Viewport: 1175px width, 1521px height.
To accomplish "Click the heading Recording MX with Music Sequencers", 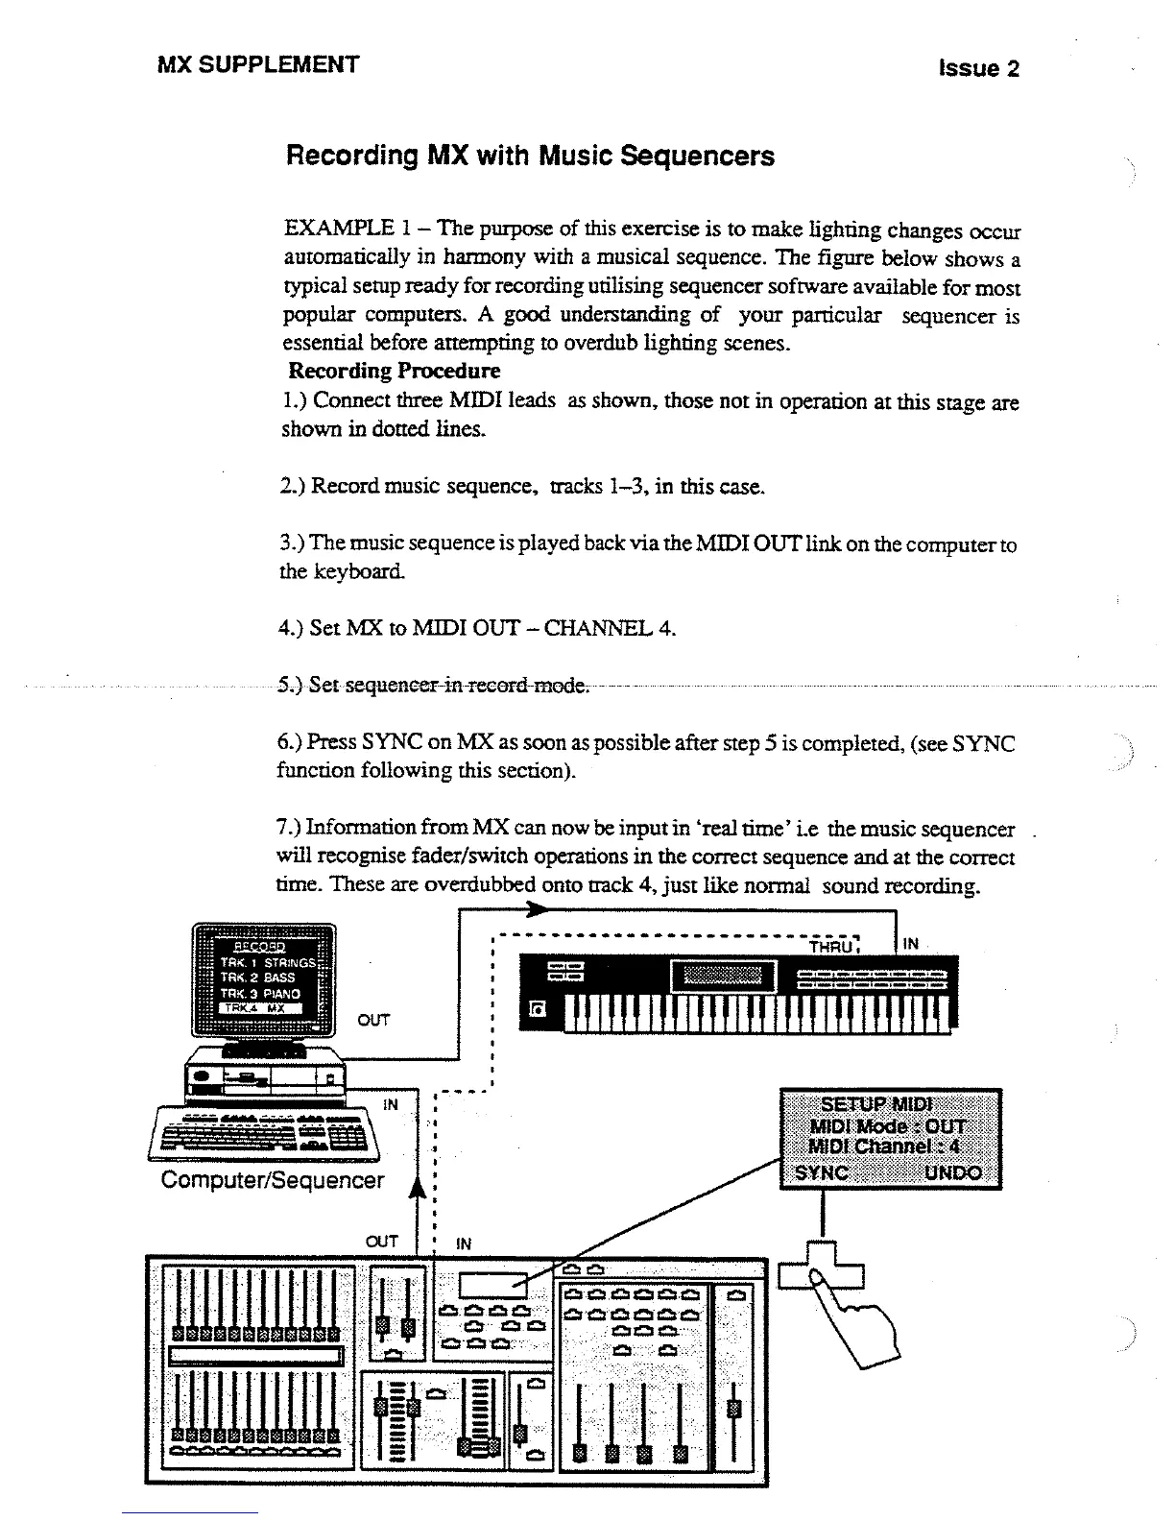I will click(x=530, y=156).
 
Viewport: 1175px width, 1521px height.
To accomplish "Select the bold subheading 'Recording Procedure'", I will click(x=395, y=371).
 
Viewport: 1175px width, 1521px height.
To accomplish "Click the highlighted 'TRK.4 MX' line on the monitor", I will click(x=260, y=1008).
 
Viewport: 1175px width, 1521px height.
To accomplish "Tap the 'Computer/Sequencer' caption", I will click(x=273, y=1180).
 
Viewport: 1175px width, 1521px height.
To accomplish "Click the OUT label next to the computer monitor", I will click(x=372, y=1020).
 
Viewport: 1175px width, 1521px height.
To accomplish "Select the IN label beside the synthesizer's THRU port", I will click(x=911, y=945).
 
